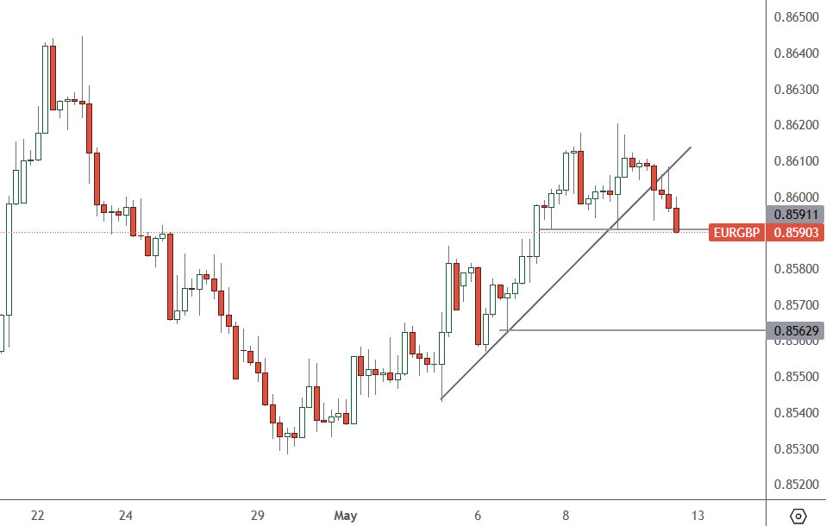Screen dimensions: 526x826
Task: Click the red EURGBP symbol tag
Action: pyautogui.click(x=735, y=232)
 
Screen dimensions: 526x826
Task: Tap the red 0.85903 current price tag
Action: pyautogui.click(x=796, y=232)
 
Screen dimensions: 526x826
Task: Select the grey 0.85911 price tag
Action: pyautogui.click(x=796, y=214)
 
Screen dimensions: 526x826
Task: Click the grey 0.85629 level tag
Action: pyautogui.click(x=796, y=330)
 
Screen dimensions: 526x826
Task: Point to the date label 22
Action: pyautogui.click(x=37, y=516)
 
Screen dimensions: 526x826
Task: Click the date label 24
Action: pyautogui.click(x=126, y=516)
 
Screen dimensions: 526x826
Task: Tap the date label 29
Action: pyautogui.click(x=257, y=516)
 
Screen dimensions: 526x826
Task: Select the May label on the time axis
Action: pyautogui.click(x=345, y=516)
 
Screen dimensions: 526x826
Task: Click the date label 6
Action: pyautogui.click(x=477, y=516)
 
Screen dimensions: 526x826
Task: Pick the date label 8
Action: pyautogui.click(x=566, y=516)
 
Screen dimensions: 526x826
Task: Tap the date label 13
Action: pyautogui.click(x=698, y=516)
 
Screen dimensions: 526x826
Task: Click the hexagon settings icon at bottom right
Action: pyautogui.click(x=798, y=516)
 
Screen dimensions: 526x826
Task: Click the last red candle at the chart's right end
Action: pyautogui.click(x=677, y=220)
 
